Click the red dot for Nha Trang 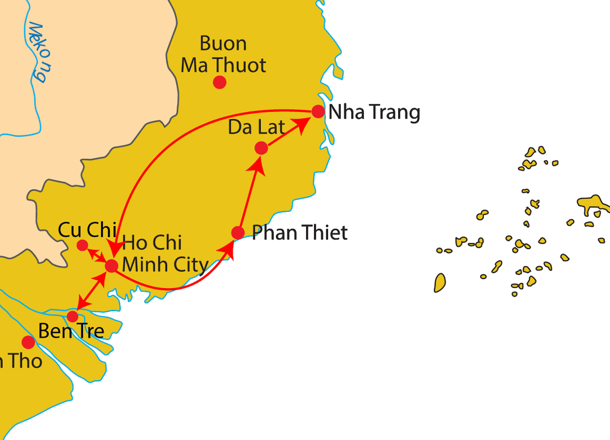[x=318, y=111]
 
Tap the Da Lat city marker [x=261, y=148]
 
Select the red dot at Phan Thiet [x=238, y=232]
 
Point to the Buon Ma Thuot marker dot [x=220, y=82]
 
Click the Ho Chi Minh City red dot [x=111, y=265]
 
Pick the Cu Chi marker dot [x=82, y=245]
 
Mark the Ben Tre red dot [x=72, y=316]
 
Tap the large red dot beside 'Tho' [x=28, y=342]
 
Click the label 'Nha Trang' [x=374, y=112]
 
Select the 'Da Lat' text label [x=256, y=127]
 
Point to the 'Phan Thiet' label [x=299, y=232]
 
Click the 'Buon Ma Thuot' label [x=223, y=54]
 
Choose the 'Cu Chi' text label [x=87, y=230]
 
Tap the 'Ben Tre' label [x=71, y=331]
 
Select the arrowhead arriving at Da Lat [x=258, y=164]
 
